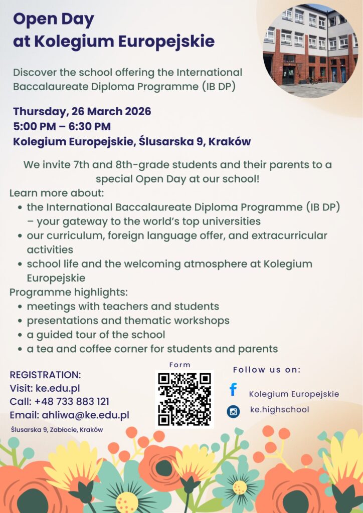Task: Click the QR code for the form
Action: coord(184,399)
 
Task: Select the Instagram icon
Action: coord(233,411)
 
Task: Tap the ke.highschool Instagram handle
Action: coord(279,410)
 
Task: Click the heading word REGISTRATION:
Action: coord(45,375)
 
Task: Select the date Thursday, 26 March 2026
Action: coord(82,111)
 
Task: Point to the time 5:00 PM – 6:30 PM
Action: coord(62,126)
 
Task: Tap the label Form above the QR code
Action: coord(180,365)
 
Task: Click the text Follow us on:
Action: coord(267,370)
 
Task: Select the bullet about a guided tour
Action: coord(96,334)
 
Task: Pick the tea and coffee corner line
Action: coord(152,349)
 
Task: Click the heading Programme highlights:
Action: coord(69,292)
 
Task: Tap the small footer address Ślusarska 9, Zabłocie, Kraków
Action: coord(57,429)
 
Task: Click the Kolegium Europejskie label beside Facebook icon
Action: coord(294,394)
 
